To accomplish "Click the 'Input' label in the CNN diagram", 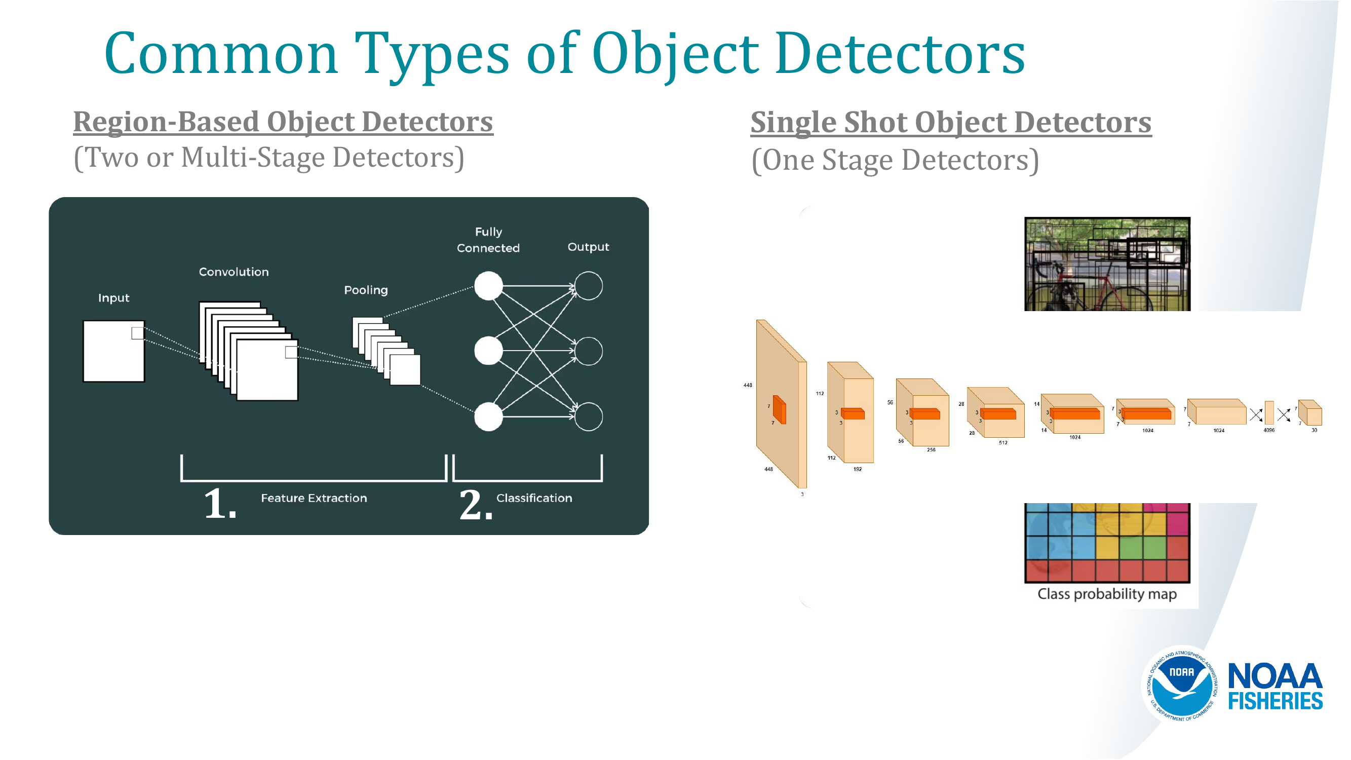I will pos(113,298).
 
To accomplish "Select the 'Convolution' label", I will pos(234,272).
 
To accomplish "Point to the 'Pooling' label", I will pos(366,290).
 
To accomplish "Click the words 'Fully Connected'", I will pos(488,240).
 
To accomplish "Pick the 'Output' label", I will pos(588,247).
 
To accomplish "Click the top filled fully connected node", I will pos(488,286).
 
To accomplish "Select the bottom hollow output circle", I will pos(588,416).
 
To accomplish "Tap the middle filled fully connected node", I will pos(488,351).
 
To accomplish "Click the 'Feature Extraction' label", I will pos(314,498).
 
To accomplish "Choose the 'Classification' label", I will pos(534,498).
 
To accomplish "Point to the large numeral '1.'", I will pos(220,504).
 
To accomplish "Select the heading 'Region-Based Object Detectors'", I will pos(283,122).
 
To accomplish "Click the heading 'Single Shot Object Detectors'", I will pos(950,122).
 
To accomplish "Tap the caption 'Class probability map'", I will pos(1107,594).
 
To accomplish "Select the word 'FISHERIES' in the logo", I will pos(1275,701).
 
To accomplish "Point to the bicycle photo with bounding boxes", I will pos(1107,264).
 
